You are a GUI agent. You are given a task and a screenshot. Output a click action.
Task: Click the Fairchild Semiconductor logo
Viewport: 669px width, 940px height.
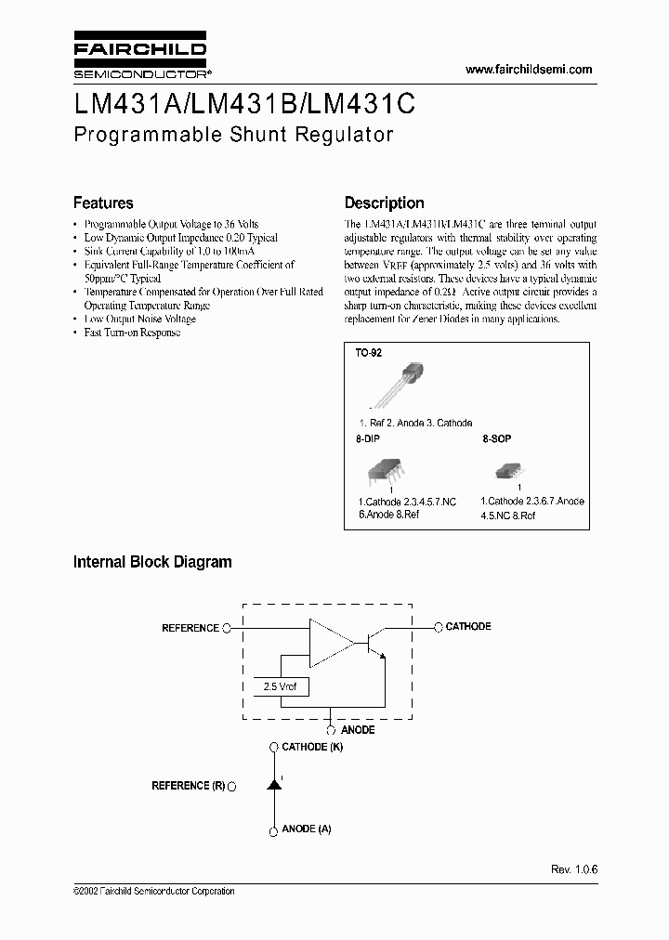pyautogui.click(x=139, y=58)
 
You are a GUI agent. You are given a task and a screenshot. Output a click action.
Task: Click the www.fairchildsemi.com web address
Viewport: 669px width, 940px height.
pyautogui.click(x=528, y=70)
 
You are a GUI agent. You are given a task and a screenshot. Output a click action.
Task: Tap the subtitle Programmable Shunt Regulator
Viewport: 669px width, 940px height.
pyautogui.click(x=233, y=134)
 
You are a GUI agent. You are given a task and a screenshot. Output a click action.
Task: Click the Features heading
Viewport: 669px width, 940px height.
pyautogui.click(x=103, y=202)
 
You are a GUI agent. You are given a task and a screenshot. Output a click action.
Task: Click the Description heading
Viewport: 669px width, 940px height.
pyautogui.click(x=384, y=202)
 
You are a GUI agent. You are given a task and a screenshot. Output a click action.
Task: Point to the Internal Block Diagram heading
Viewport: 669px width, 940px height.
pyautogui.click(x=152, y=562)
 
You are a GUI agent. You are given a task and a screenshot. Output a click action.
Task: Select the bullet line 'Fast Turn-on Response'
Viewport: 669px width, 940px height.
pyautogui.click(x=132, y=333)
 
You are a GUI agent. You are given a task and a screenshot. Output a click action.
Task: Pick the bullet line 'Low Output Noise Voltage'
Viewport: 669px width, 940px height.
pyautogui.click(x=139, y=319)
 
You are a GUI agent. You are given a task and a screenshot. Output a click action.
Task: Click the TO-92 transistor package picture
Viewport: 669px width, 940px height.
pyautogui.click(x=397, y=384)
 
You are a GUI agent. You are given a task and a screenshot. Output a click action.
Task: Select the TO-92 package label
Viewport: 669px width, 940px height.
pyautogui.click(x=368, y=354)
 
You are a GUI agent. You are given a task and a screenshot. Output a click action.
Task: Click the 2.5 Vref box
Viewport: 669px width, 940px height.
pyautogui.click(x=281, y=686)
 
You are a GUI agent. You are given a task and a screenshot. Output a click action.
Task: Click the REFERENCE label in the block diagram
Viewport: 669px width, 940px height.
pyautogui.click(x=190, y=628)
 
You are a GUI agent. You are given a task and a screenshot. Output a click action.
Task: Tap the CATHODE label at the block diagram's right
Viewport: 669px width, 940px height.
pyautogui.click(x=468, y=627)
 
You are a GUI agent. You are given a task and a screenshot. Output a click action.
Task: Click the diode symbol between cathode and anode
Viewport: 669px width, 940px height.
pyautogui.click(x=274, y=786)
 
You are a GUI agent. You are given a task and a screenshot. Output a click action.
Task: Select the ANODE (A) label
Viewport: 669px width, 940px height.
pyautogui.click(x=306, y=829)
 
